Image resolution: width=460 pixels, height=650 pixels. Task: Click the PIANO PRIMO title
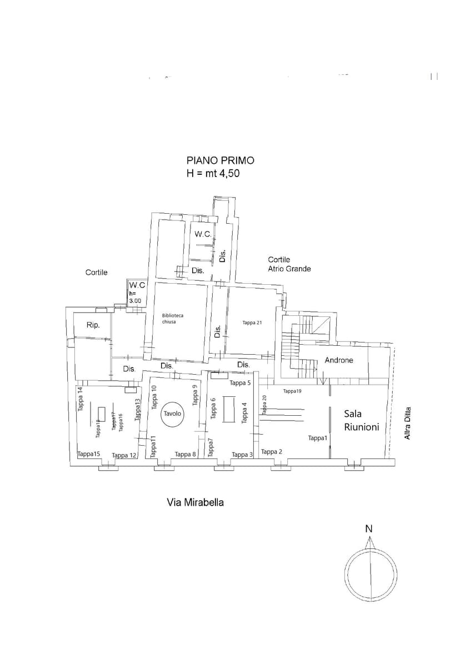click(x=221, y=160)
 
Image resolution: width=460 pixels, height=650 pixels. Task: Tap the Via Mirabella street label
click(x=196, y=502)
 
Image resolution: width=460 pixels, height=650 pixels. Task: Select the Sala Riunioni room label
click(x=362, y=420)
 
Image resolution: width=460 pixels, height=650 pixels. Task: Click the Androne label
click(x=339, y=360)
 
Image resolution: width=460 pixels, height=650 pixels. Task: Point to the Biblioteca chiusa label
click(x=173, y=319)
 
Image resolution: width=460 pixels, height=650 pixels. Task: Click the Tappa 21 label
click(x=252, y=323)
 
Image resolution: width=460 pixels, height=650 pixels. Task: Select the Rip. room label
click(x=93, y=325)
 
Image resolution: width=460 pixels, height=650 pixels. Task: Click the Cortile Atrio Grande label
click(x=289, y=264)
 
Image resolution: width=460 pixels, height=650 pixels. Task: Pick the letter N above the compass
click(x=368, y=529)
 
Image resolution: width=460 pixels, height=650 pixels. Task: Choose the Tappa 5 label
click(x=241, y=383)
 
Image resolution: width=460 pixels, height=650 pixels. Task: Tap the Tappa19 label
click(x=292, y=391)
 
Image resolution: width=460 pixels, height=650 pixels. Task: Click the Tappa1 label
click(x=318, y=438)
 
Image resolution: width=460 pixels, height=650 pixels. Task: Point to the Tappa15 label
click(x=89, y=454)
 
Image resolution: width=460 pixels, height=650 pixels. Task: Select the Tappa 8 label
click(x=186, y=455)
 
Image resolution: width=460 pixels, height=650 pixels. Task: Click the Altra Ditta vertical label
click(x=408, y=425)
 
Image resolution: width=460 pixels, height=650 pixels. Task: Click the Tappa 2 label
click(x=272, y=452)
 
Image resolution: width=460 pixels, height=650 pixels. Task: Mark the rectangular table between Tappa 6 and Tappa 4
click(x=228, y=409)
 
